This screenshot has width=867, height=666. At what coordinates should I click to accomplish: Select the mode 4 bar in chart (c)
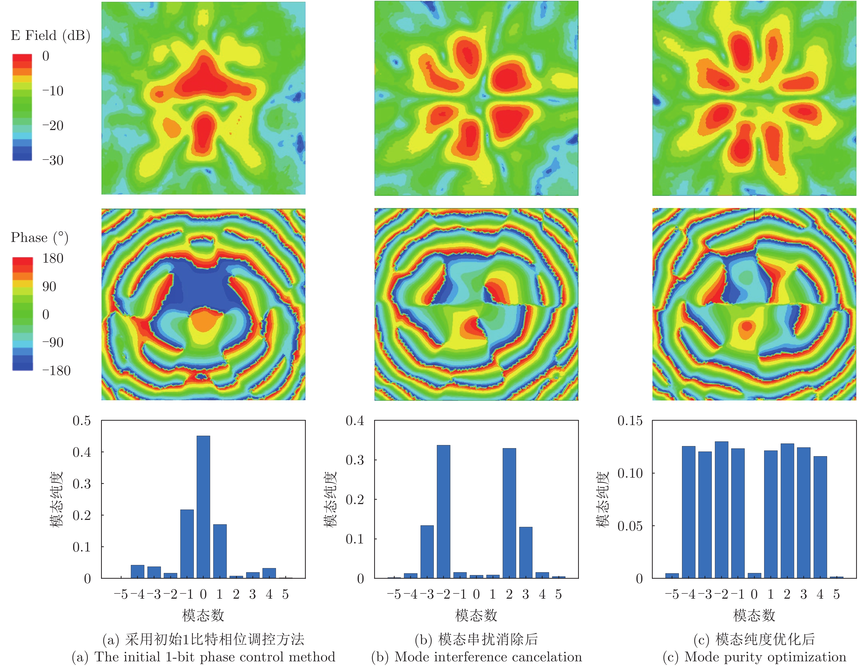click(820, 517)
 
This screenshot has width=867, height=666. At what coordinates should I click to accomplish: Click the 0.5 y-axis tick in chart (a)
click(81, 421)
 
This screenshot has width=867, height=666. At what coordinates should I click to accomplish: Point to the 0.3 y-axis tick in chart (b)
click(354, 460)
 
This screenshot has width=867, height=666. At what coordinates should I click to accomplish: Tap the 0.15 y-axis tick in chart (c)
click(630, 421)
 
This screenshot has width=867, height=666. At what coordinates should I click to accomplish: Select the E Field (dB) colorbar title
click(50, 36)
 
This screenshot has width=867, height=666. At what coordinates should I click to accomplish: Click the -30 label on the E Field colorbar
click(53, 160)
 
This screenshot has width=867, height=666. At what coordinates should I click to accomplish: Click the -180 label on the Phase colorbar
click(56, 371)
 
